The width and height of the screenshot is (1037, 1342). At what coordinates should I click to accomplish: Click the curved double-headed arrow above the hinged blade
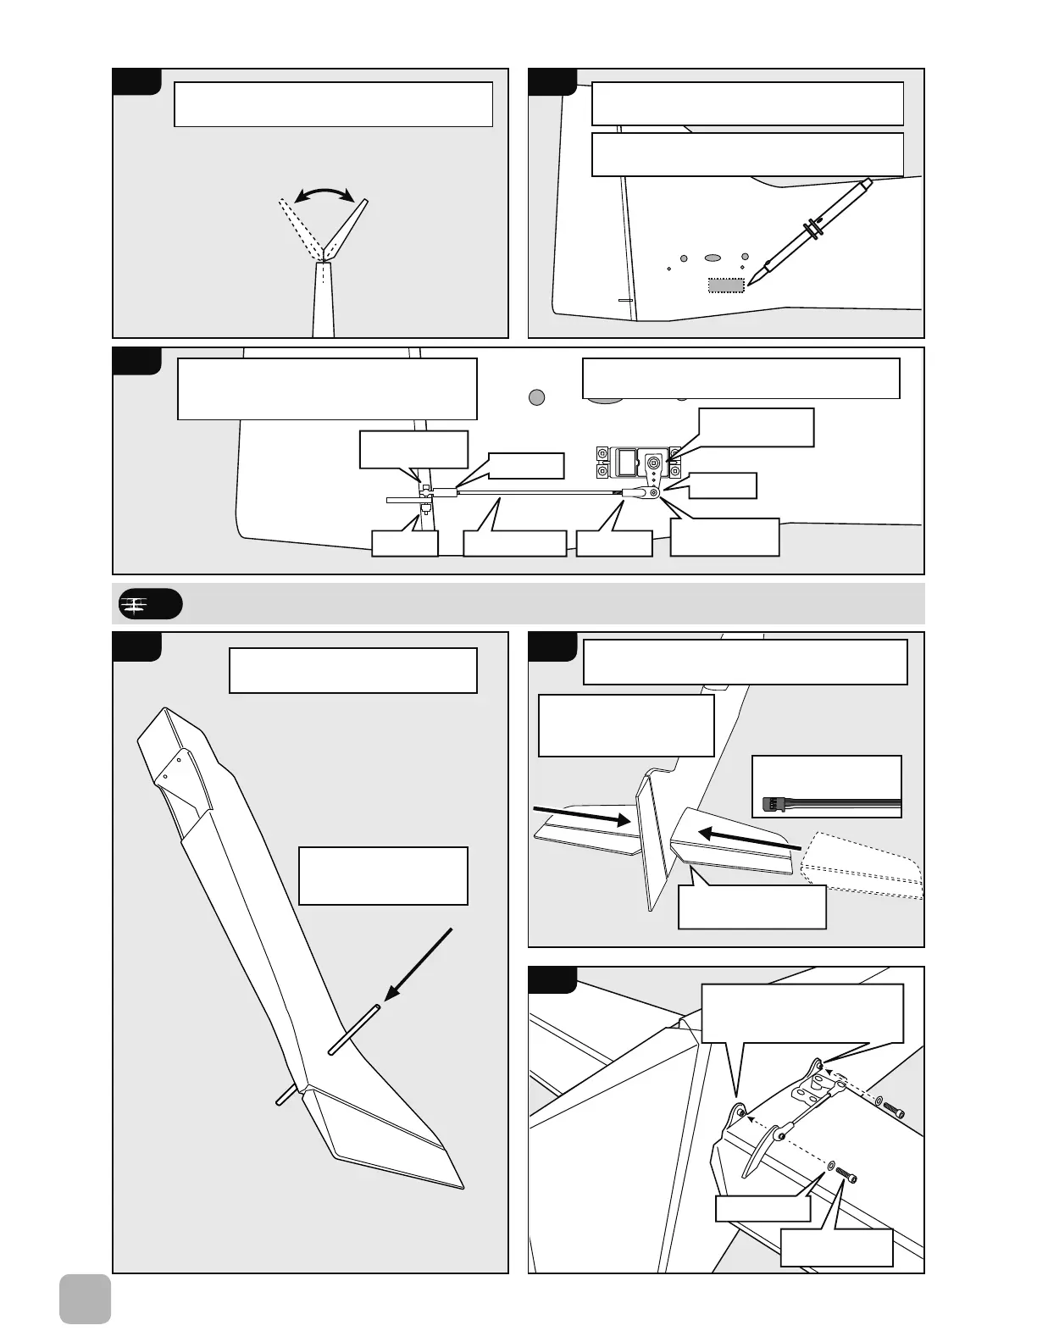[323, 194]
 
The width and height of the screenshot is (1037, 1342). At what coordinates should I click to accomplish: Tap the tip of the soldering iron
[751, 281]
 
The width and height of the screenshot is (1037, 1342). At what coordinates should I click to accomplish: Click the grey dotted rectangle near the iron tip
[726, 286]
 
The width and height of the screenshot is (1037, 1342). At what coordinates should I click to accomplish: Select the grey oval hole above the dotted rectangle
[713, 257]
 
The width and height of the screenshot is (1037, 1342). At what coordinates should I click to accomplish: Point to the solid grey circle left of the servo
[536, 396]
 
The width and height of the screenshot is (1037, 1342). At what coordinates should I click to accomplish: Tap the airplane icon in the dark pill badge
[134, 604]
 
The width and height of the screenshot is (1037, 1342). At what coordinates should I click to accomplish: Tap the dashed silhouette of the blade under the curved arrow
[299, 227]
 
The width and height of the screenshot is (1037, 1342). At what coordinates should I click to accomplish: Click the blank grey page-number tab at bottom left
[85, 1299]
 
